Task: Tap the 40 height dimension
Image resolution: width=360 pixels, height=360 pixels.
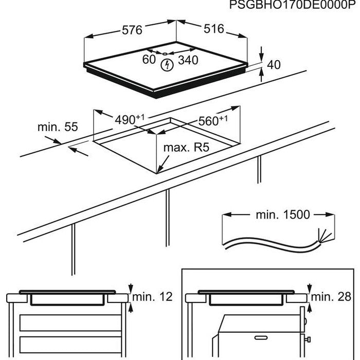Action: click(274, 65)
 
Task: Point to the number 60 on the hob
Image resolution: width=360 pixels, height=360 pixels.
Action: click(149, 60)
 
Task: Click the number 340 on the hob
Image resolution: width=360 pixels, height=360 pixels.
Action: click(188, 60)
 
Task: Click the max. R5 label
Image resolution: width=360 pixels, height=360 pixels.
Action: click(187, 148)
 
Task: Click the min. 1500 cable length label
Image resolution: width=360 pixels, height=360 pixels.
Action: click(283, 214)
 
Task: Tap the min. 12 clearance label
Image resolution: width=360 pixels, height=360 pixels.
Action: click(153, 297)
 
